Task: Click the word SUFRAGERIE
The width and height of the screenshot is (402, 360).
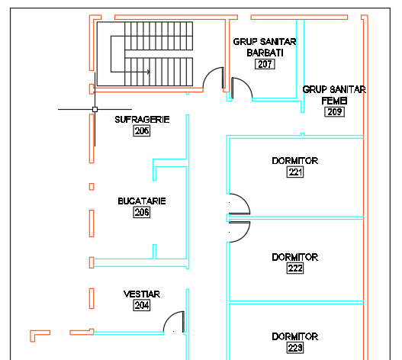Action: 142,120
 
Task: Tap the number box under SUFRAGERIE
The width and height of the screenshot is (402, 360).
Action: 142,131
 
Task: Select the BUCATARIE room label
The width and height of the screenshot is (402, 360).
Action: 142,201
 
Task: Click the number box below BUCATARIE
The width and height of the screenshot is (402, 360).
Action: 142,213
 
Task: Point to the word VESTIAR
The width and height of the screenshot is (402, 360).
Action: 142,294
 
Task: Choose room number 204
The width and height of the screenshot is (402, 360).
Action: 142,305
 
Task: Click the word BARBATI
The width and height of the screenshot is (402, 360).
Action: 265,53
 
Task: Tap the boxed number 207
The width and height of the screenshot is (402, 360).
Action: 265,64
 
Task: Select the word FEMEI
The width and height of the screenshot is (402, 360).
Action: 334,101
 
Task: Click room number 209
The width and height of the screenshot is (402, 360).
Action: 334,112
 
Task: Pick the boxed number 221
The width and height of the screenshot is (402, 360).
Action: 295,172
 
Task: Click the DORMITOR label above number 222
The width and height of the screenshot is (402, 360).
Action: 295,257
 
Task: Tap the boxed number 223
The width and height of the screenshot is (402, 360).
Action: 295,348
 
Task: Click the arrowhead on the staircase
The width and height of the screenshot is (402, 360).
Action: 149,72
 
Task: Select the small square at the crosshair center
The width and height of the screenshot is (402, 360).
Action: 95,110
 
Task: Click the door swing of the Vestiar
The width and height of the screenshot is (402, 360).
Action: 169,317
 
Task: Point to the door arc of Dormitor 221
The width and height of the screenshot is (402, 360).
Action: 244,201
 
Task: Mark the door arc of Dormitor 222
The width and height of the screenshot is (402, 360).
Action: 244,235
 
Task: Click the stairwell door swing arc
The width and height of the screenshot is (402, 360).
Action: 209,73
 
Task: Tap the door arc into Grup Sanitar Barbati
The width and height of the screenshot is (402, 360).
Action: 246,84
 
